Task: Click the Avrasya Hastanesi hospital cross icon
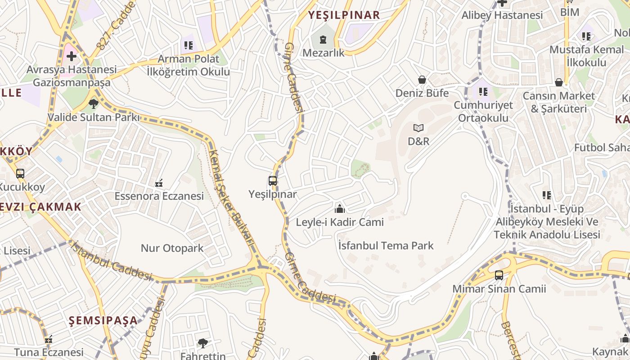(71, 56)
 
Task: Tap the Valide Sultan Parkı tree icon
(94, 104)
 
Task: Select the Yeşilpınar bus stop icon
(273, 181)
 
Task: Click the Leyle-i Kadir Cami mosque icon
(340, 208)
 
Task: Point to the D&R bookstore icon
(418, 128)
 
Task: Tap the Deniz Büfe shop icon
(422, 80)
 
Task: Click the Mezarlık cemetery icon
(323, 40)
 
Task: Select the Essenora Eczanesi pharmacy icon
(159, 183)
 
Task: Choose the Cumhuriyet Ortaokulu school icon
(483, 92)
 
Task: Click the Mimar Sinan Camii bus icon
(499, 275)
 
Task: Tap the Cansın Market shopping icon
(559, 82)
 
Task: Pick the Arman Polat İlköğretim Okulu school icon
(188, 45)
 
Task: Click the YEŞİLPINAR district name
(344, 15)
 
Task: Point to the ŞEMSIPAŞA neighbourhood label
(103, 320)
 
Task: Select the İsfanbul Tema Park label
(386, 245)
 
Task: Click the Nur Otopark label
(172, 248)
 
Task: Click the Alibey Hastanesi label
(502, 15)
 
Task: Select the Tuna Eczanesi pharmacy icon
(49, 339)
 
